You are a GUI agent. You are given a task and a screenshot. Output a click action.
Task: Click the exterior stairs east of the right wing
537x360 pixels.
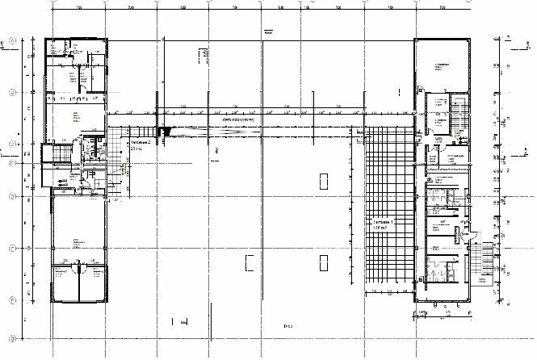click(484, 264)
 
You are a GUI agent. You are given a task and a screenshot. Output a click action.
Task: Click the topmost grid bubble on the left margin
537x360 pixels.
click(10, 39)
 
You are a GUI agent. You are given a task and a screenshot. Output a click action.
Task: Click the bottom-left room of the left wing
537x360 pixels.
click(65, 284)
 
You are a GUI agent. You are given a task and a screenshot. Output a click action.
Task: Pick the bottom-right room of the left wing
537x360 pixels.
click(91, 284)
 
